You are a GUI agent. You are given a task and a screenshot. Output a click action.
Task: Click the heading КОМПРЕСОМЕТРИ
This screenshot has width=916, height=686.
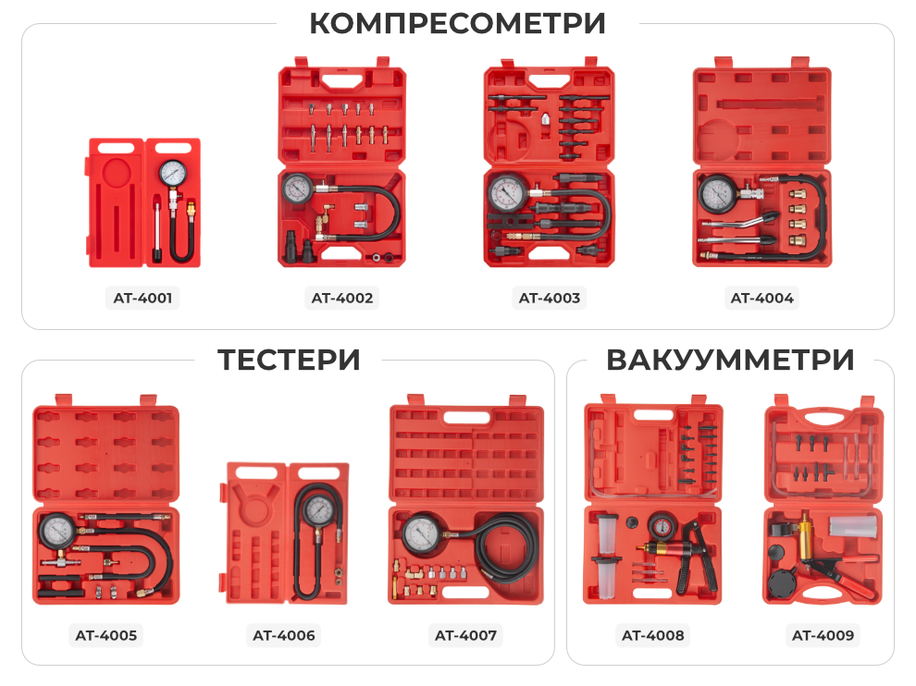[457, 23]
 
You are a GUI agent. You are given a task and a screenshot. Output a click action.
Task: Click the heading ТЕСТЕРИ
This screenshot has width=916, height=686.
[289, 360]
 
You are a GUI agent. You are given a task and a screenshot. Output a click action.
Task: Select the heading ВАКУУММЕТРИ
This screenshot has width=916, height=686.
[730, 360]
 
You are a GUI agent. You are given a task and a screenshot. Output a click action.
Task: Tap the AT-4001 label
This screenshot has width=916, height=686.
[143, 298]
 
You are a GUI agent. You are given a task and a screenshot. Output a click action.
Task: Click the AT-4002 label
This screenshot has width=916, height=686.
[342, 298]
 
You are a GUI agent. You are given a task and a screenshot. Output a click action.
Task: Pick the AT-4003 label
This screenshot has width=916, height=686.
[550, 298]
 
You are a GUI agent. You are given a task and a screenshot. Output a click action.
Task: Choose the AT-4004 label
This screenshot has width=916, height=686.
[761, 298]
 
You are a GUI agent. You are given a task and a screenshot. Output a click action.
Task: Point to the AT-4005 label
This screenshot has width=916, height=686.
[105, 635]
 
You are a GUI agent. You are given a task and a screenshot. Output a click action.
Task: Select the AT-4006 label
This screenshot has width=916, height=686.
[283, 635]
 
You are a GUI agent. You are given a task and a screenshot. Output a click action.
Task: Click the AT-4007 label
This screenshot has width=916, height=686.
[465, 635]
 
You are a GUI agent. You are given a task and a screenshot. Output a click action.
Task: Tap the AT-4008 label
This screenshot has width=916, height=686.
[652, 635]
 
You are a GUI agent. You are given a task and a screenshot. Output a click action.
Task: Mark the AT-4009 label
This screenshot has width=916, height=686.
[823, 635]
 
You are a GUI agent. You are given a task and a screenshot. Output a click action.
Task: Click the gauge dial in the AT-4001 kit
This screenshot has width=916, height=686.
[172, 174]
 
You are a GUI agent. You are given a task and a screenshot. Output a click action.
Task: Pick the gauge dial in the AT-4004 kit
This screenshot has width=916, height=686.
[716, 193]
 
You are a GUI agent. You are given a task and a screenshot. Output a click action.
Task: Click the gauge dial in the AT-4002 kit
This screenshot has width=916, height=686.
[298, 189]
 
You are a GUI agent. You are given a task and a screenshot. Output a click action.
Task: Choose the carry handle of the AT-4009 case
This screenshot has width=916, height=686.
[823, 413]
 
